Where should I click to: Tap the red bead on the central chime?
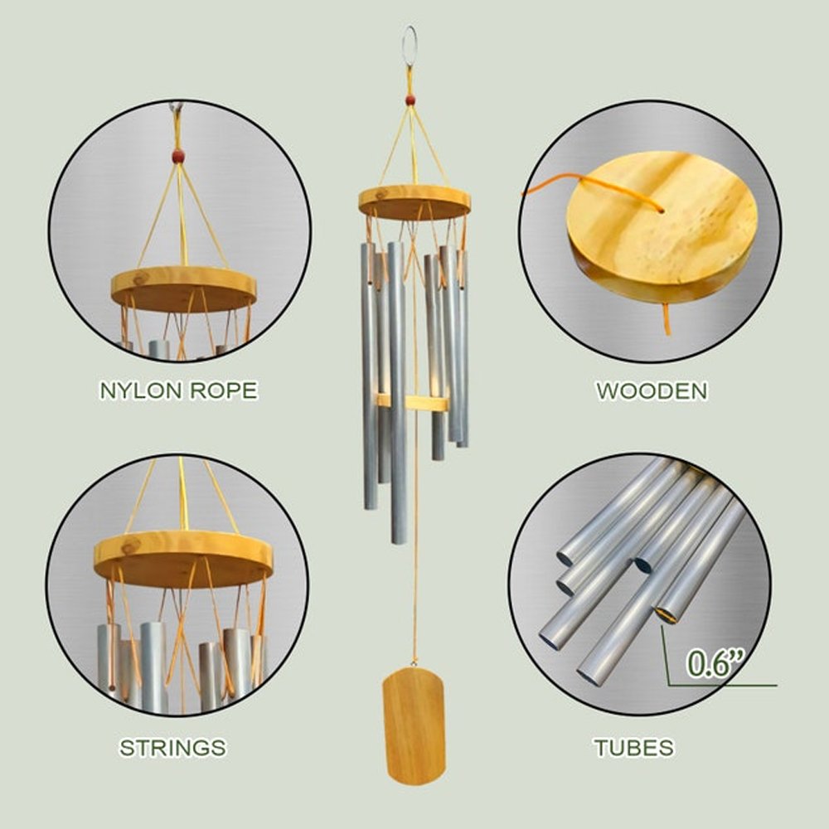pyautogui.click(x=410, y=99)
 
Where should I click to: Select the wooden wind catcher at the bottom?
pyautogui.click(x=414, y=725)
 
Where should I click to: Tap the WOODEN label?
pyautogui.click(x=652, y=390)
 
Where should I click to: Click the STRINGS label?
pyautogui.click(x=173, y=748)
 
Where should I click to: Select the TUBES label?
pyautogui.click(x=634, y=748)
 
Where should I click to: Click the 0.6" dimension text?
pyautogui.click(x=715, y=662)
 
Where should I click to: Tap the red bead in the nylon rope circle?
pyautogui.click(x=179, y=156)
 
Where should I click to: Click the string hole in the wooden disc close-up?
pyautogui.click(x=661, y=211)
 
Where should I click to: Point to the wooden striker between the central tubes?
pyautogui.click(x=412, y=402)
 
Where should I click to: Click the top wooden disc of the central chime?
pyautogui.click(x=414, y=202)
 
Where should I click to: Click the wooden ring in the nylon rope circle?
pyautogui.click(x=183, y=288)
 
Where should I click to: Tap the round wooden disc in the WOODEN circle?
pyautogui.click(x=662, y=225)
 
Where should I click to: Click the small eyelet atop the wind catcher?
pyautogui.click(x=414, y=662)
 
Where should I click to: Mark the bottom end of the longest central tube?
pyautogui.click(x=399, y=541)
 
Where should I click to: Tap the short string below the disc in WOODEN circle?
pyautogui.click(x=667, y=319)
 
